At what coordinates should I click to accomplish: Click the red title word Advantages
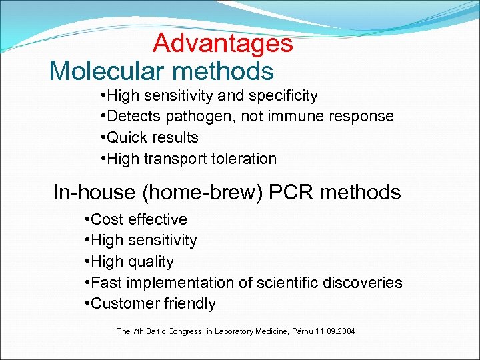pos(223,43)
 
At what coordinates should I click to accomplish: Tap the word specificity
pos(285,96)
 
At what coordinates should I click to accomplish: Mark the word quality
pos(151,262)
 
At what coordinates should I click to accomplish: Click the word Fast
pos(106,283)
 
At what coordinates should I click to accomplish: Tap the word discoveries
pos(363,283)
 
